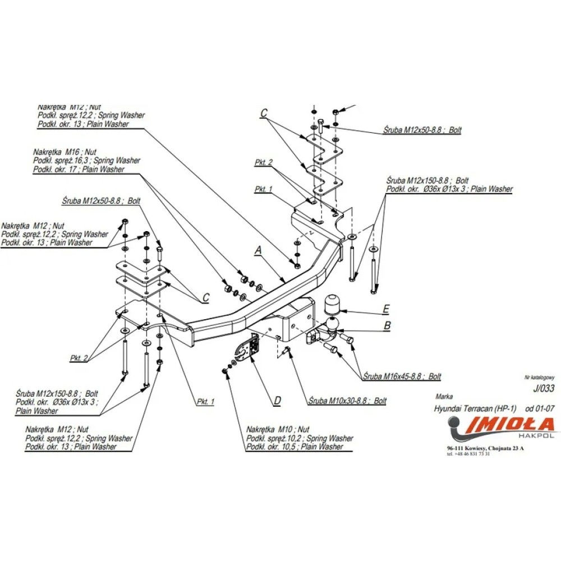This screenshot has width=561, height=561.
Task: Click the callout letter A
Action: point(258,251)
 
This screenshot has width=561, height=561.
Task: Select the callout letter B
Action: point(387,325)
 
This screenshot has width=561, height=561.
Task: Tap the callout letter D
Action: point(277,401)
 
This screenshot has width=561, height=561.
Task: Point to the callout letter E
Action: point(387,309)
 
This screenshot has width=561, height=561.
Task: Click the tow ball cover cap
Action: point(334,305)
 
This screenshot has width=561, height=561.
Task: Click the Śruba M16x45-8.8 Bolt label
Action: point(402,376)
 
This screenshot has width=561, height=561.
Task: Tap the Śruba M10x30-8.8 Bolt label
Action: point(347,401)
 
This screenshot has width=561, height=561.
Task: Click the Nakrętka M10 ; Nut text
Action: point(278,430)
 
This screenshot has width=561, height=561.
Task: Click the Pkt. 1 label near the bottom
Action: point(205,401)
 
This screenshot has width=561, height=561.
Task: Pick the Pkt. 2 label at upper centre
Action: point(263,162)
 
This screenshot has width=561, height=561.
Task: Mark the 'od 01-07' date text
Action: point(540,409)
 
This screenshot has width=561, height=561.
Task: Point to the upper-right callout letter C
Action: point(263,113)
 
